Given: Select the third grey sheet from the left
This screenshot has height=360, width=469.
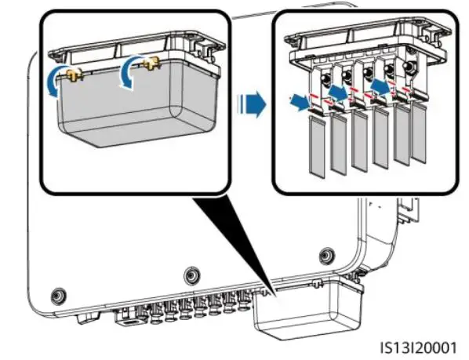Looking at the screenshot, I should [360, 141].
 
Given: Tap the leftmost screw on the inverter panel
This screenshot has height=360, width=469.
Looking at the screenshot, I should [56, 296].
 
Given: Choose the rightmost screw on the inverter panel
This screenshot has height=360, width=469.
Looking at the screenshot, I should [325, 256].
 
